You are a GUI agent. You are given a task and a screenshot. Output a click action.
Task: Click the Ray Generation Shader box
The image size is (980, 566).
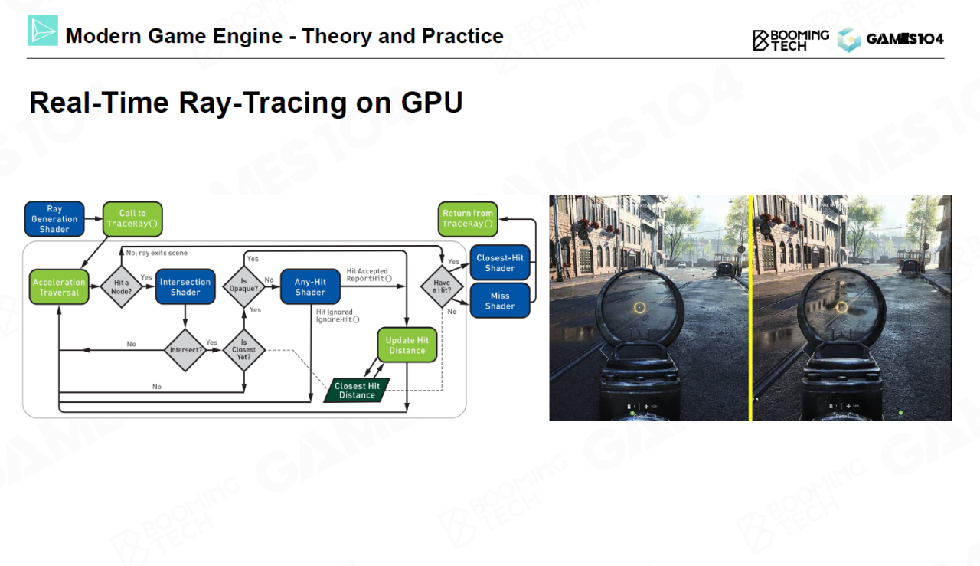pyautogui.click(x=54, y=219)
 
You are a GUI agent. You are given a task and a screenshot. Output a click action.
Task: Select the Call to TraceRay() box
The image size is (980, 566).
pyautogui.click(x=132, y=218)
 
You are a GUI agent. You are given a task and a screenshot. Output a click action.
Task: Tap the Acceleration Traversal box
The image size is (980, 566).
pyautogui.click(x=59, y=287)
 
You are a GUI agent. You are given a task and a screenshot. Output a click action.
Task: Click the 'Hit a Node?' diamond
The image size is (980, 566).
pyautogui.click(x=121, y=287)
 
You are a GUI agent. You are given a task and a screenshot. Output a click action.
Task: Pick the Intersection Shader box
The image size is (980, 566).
pyautogui.click(x=185, y=287)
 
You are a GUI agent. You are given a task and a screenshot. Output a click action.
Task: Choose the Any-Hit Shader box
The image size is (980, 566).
pyautogui.click(x=310, y=287)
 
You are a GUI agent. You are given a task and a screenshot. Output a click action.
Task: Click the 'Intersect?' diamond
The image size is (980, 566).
pyautogui.click(x=185, y=351)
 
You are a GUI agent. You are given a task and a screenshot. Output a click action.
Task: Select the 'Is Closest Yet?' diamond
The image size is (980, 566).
pyautogui.click(x=243, y=351)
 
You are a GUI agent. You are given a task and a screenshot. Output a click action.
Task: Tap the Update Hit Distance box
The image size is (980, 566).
pyautogui.click(x=407, y=345)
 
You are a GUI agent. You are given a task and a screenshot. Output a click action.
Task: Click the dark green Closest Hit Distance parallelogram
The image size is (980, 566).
pyautogui.click(x=357, y=391)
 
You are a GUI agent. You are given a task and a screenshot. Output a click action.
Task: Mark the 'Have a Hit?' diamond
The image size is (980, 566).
pyautogui.click(x=442, y=286)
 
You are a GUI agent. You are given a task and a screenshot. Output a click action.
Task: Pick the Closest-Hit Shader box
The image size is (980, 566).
pyautogui.click(x=499, y=263)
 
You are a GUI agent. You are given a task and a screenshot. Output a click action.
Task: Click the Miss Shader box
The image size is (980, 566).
pyautogui.click(x=499, y=301)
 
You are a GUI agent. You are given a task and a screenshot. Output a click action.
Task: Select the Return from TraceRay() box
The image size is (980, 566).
pyautogui.click(x=467, y=218)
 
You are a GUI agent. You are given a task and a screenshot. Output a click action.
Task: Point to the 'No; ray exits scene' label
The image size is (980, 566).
pyautogui.click(x=157, y=253)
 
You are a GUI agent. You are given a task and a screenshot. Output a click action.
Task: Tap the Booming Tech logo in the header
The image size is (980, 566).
pyautogui.click(x=791, y=40)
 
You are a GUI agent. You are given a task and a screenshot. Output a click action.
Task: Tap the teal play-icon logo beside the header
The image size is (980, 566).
pyautogui.click(x=43, y=31)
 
